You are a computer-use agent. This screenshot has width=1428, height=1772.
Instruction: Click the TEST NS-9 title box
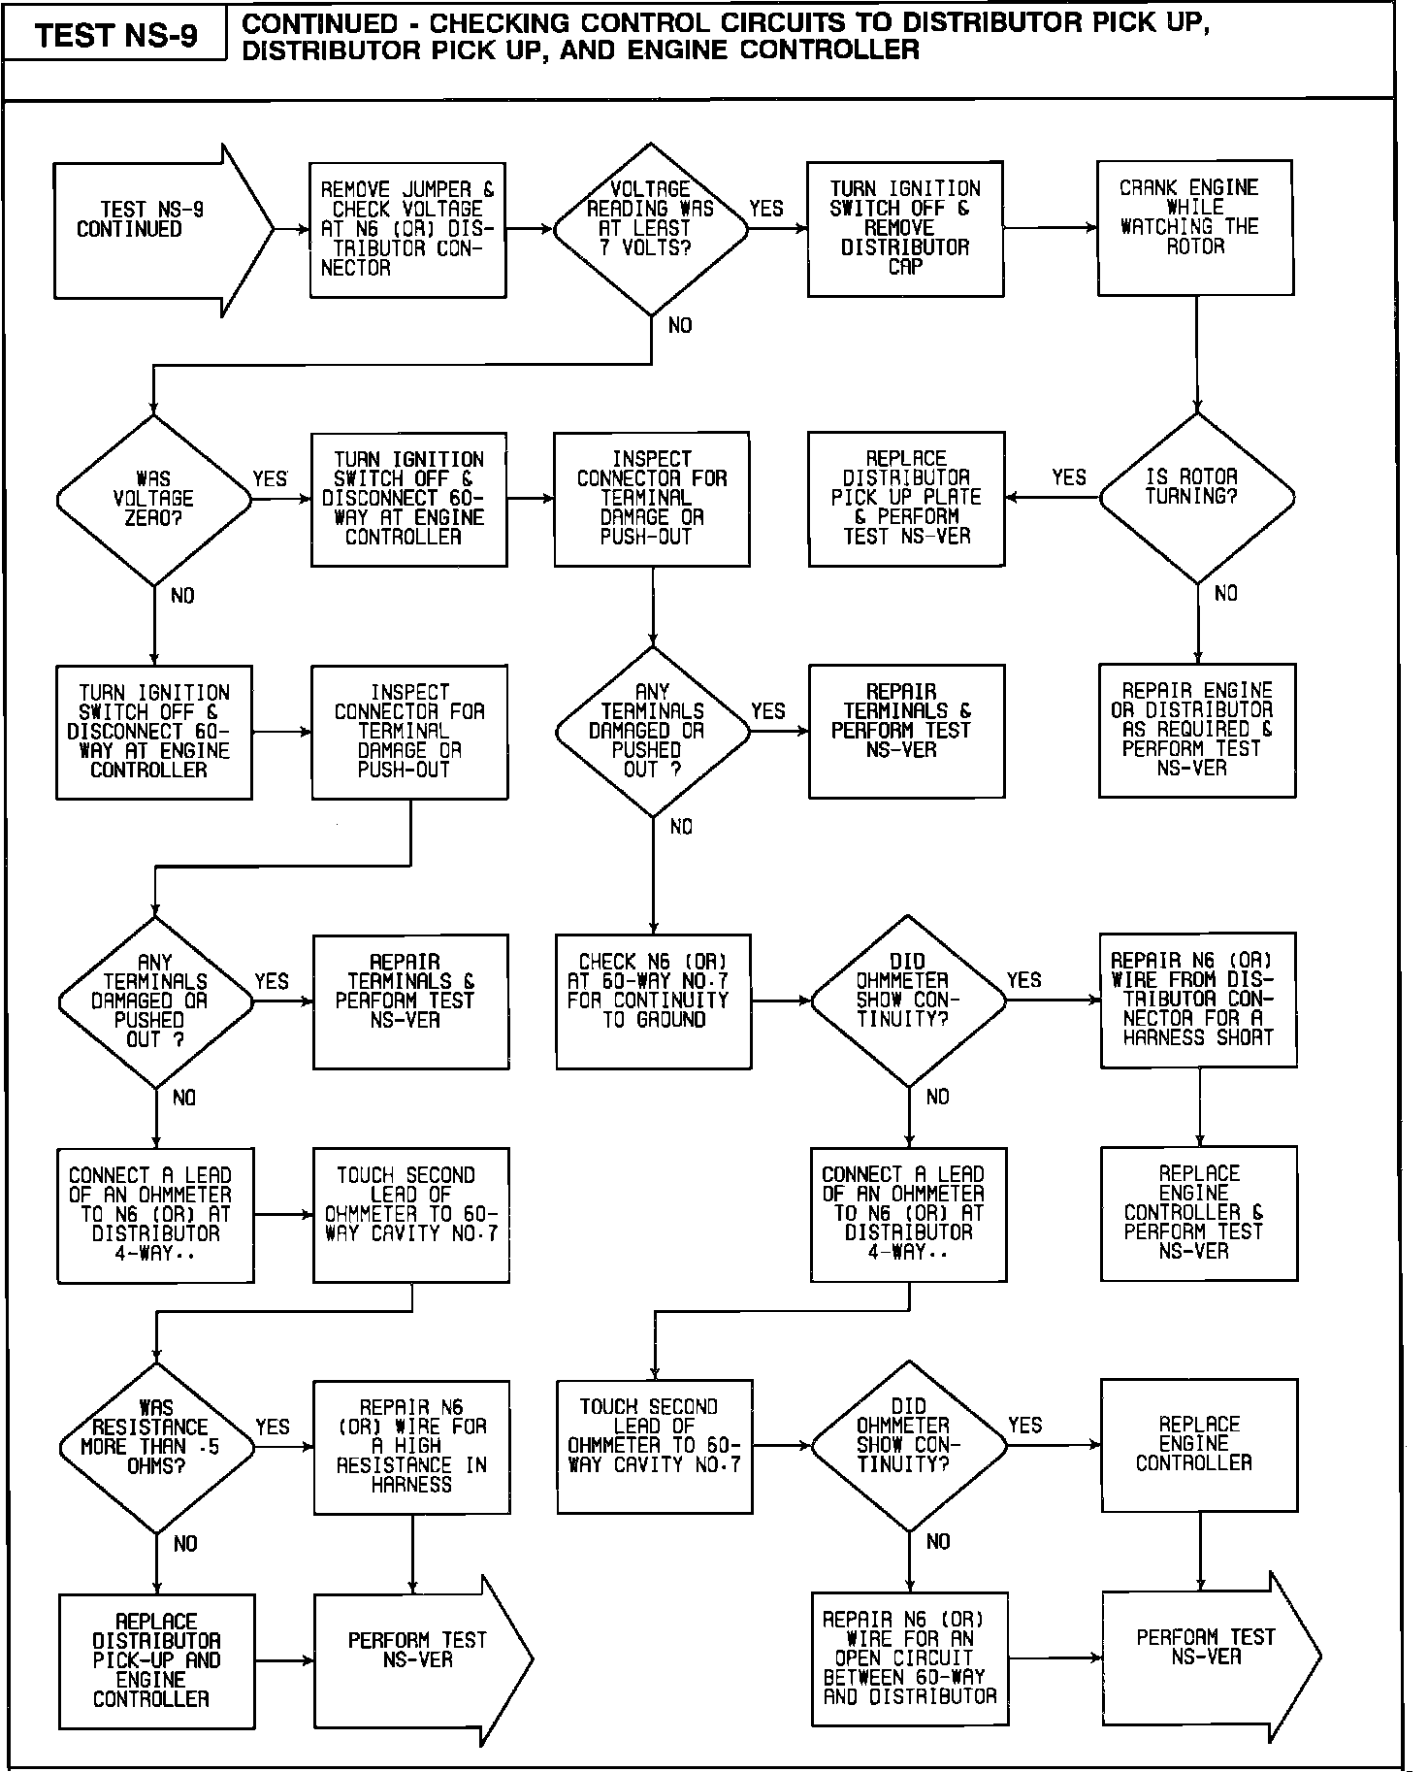tap(115, 36)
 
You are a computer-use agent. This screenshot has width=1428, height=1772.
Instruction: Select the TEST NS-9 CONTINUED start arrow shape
tap(155, 230)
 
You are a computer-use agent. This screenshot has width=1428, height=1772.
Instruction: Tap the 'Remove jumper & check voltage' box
tap(407, 230)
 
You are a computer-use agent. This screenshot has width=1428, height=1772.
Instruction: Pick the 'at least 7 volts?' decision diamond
tap(651, 229)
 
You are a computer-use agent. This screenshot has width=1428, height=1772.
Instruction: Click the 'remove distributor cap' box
tap(905, 229)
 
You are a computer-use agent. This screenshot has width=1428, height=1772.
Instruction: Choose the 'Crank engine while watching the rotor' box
tap(1194, 228)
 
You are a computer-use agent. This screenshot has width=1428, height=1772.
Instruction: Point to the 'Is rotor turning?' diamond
tap(1196, 498)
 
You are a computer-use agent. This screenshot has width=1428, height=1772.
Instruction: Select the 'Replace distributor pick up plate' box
tap(906, 498)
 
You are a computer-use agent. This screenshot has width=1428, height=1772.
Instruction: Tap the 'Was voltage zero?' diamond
tap(154, 500)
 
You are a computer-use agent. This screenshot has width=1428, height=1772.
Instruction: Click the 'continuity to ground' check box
tap(653, 1001)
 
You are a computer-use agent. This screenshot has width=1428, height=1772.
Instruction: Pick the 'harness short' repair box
tap(1198, 1000)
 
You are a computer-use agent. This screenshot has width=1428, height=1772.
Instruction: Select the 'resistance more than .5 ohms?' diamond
tap(156, 1447)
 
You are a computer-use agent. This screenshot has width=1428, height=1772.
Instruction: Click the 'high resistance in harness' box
tap(411, 1446)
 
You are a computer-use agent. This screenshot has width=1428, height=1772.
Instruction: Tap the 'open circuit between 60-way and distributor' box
tap(909, 1657)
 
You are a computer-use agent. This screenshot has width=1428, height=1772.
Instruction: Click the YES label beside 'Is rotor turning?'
tap(1069, 477)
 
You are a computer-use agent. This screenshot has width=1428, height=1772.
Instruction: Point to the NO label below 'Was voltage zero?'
tap(182, 596)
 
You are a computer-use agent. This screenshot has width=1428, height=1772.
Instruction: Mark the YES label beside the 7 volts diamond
tap(766, 209)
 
